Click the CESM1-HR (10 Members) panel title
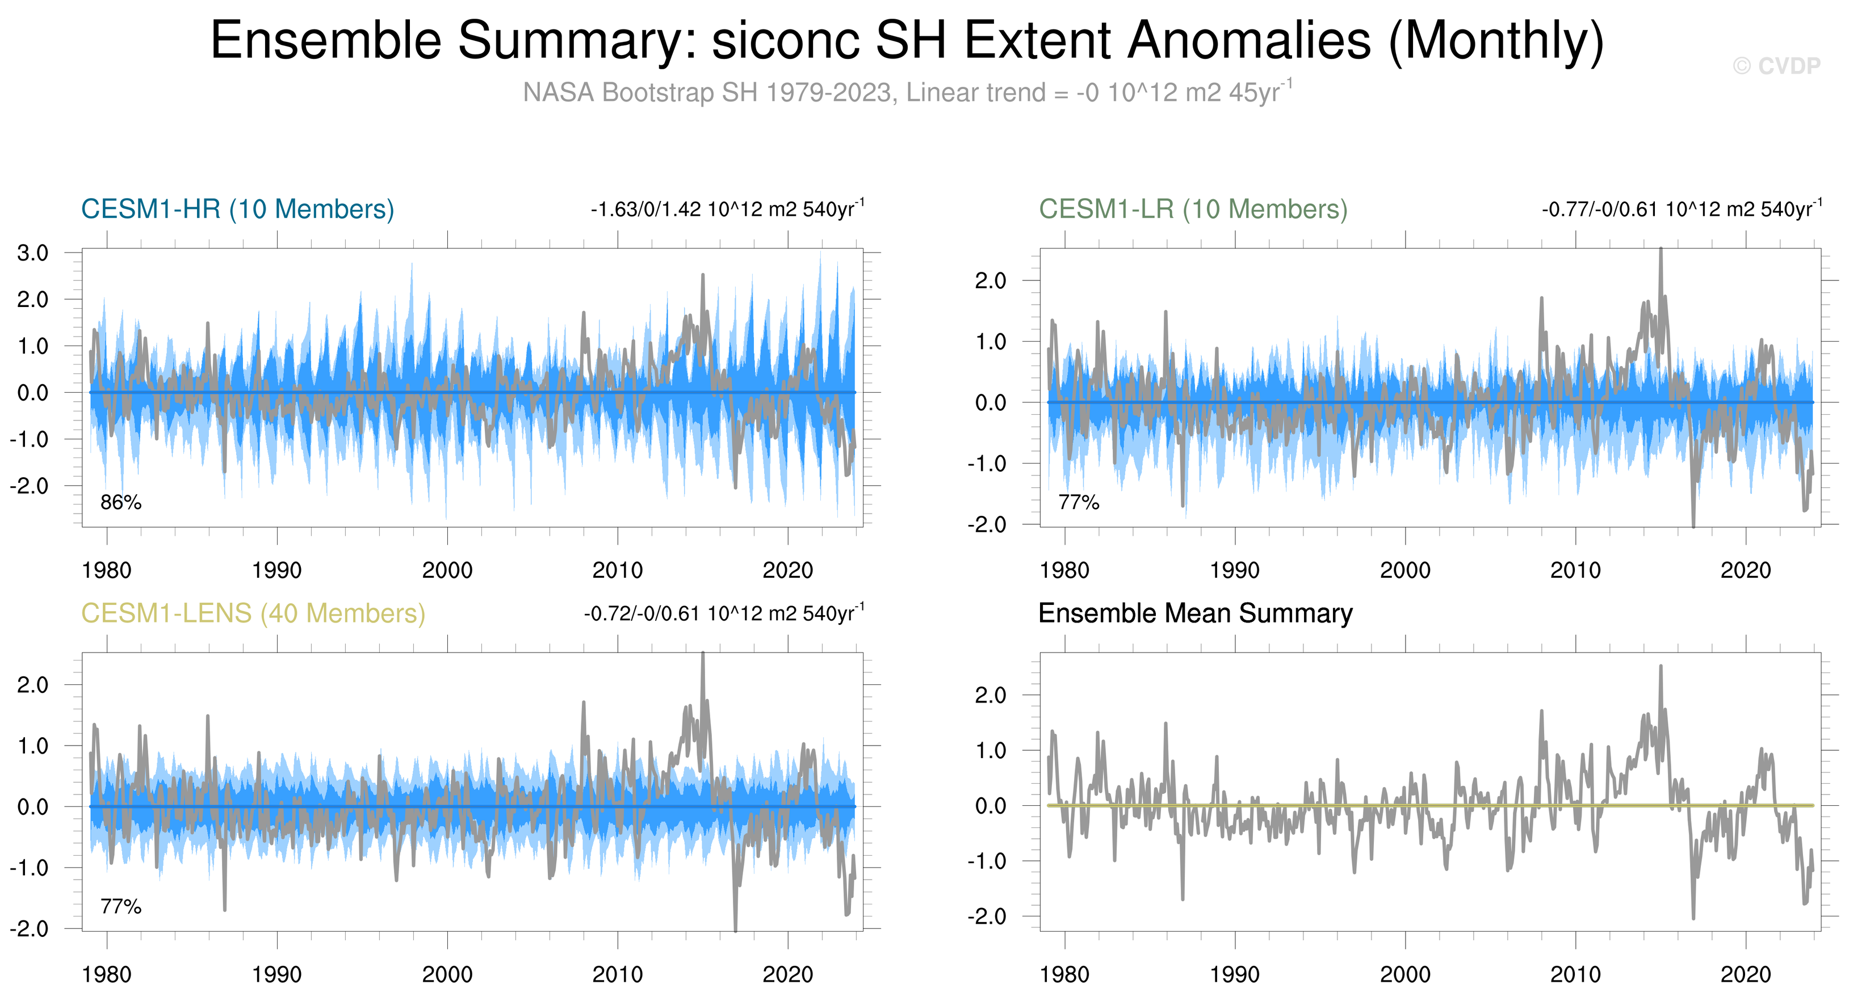tap(238, 209)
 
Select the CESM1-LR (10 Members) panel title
tap(1193, 209)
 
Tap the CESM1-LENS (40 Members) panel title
tap(253, 613)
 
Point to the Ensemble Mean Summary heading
tap(1195, 613)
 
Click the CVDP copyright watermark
tap(1776, 66)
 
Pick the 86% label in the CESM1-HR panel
tap(120, 502)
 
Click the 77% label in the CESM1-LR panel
tap(1079, 502)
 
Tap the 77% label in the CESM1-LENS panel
tap(120, 907)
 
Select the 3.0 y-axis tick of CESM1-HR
tap(33, 253)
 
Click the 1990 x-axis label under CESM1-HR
tap(277, 570)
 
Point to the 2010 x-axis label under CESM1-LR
tap(1575, 570)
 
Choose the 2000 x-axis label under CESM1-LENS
tap(447, 974)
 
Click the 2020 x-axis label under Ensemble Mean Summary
tap(1746, 974)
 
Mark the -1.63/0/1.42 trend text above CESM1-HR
tap(727, 209)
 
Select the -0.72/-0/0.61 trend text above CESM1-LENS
tap(723, 614)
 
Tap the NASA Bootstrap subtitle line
tap(907, 92)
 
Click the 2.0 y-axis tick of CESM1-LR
tap(991, 280)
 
